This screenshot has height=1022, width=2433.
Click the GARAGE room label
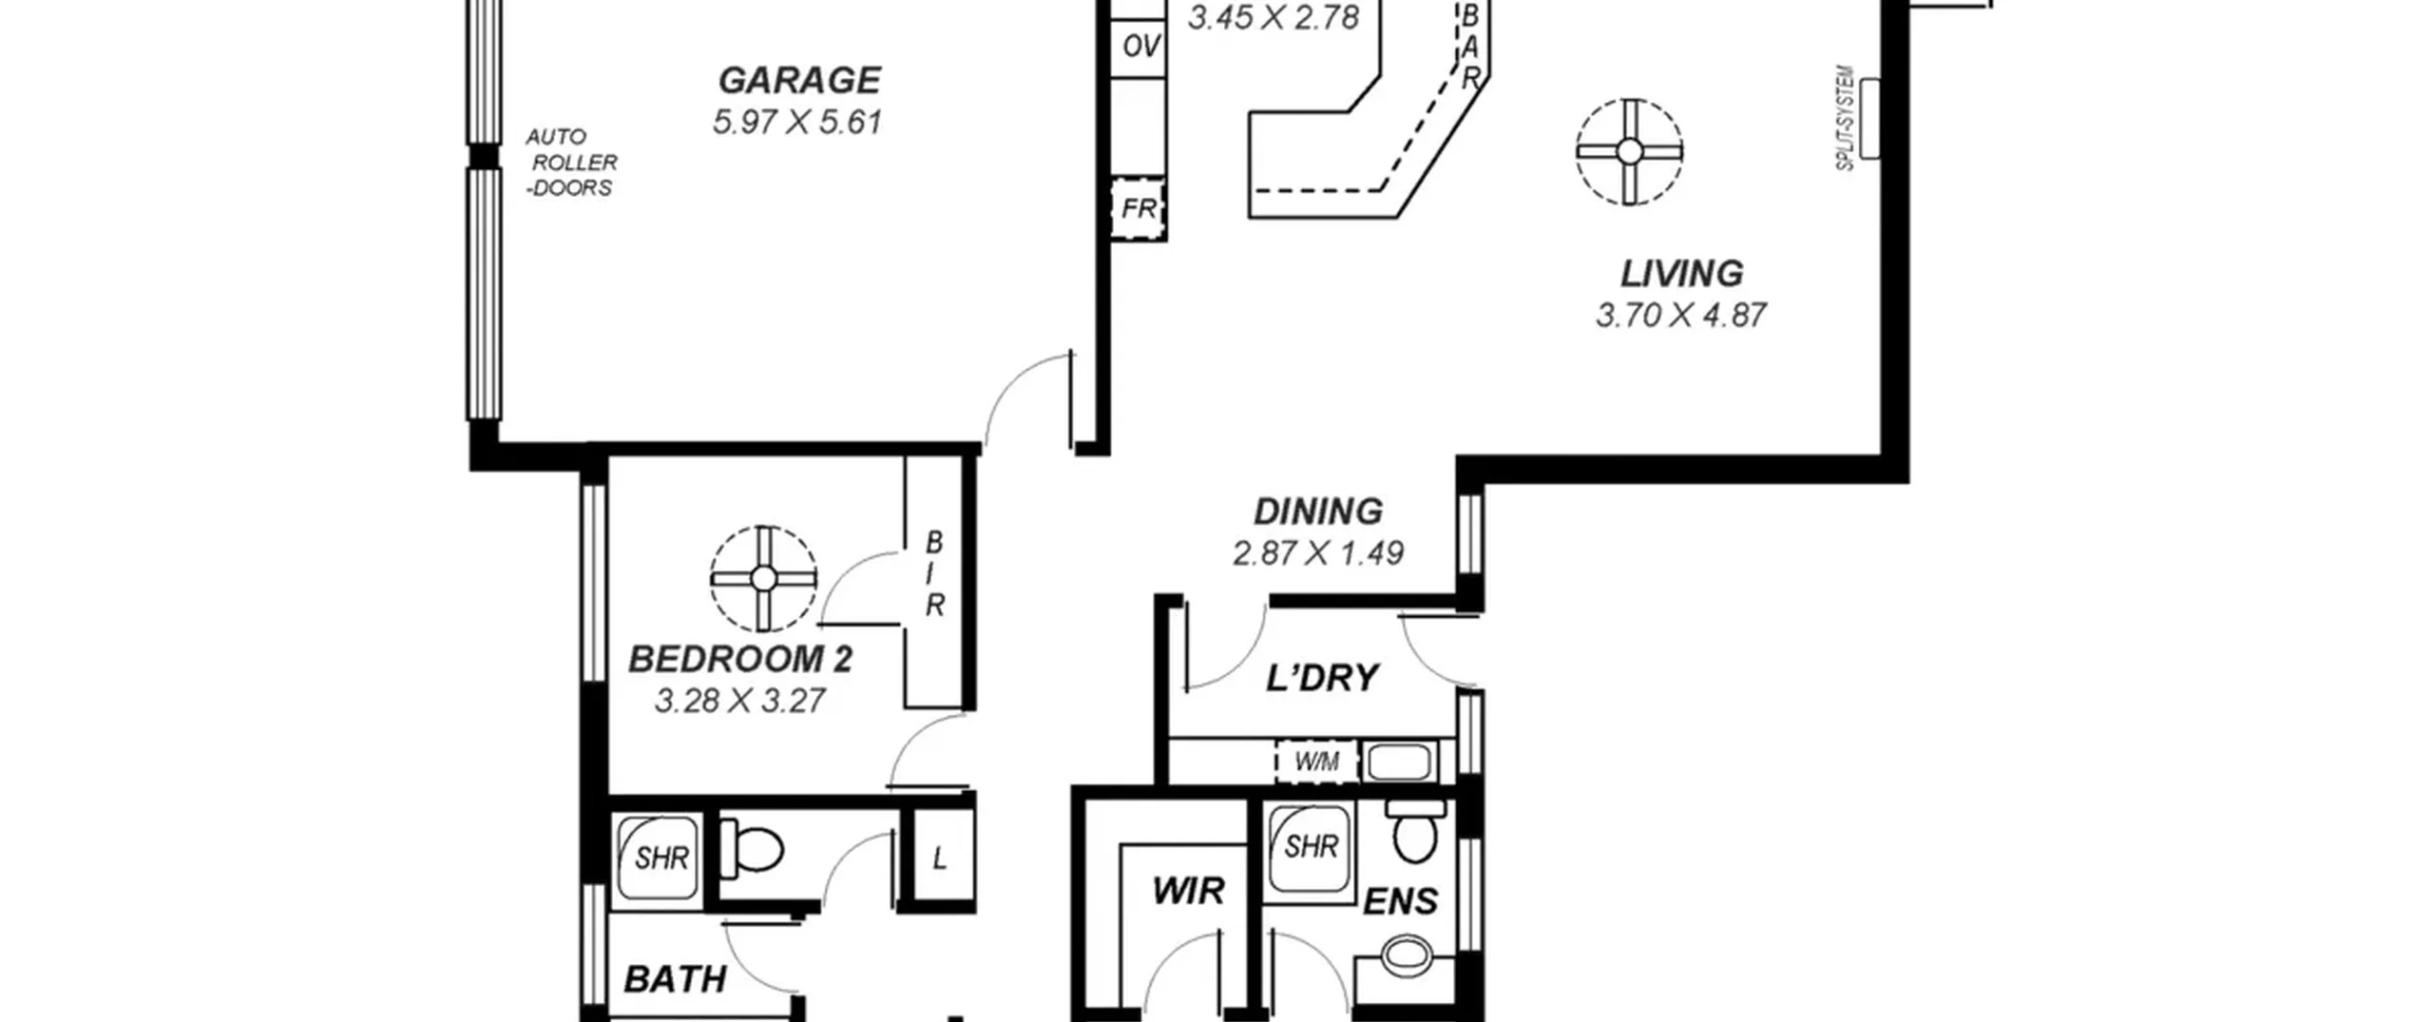799,81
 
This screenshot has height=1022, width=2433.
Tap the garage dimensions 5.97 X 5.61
798,123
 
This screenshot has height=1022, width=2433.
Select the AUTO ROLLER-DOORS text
571,163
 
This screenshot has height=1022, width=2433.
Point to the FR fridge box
1139,208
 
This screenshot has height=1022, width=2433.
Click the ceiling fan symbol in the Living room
1629,151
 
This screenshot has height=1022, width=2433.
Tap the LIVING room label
1681,274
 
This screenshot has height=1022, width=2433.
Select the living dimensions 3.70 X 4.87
1680,316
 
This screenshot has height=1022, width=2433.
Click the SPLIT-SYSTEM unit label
1845,118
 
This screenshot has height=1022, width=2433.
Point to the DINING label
1318,511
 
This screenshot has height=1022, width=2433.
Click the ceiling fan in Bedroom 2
763,578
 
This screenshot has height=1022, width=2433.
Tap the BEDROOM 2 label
740,659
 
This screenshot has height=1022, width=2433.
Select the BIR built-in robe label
934,573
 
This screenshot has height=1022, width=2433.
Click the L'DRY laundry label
1322,678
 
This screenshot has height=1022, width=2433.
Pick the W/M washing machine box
1316,762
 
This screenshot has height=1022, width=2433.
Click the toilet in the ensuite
1414,829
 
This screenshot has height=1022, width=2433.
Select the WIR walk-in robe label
1187,892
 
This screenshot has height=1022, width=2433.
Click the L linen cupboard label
939,859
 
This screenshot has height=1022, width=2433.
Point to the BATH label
675,979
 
